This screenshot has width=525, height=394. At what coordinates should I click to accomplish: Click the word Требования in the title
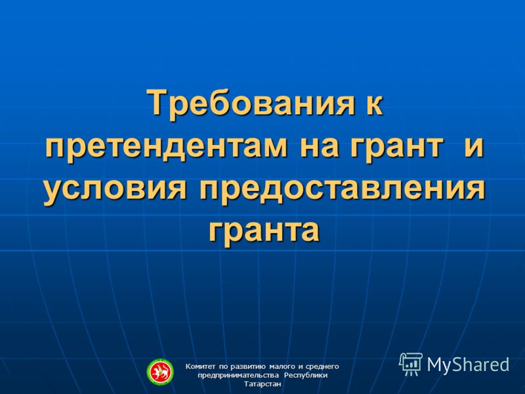click(x=251, y=103)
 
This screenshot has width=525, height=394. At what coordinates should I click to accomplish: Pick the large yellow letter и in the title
click(x=474, y=146)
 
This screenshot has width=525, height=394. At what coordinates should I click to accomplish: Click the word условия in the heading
click(x=115, y=190)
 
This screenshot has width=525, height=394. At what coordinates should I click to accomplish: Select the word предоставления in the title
click(x=342, y=190)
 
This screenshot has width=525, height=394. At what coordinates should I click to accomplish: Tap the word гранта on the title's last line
click(x=264, y=232)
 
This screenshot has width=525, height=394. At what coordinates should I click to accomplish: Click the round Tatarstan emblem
click(x=160, y=372)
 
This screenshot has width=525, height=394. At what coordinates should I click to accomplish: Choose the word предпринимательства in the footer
click(x=238, y=376)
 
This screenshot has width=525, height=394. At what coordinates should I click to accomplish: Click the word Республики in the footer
click(x=306, y=376)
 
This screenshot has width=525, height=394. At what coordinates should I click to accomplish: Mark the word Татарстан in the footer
click(x=262, y=384)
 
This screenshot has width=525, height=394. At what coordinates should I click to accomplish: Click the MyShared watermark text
click(x=468, y=364)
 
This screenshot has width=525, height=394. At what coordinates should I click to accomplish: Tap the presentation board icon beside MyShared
click(x=411, y=364)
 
